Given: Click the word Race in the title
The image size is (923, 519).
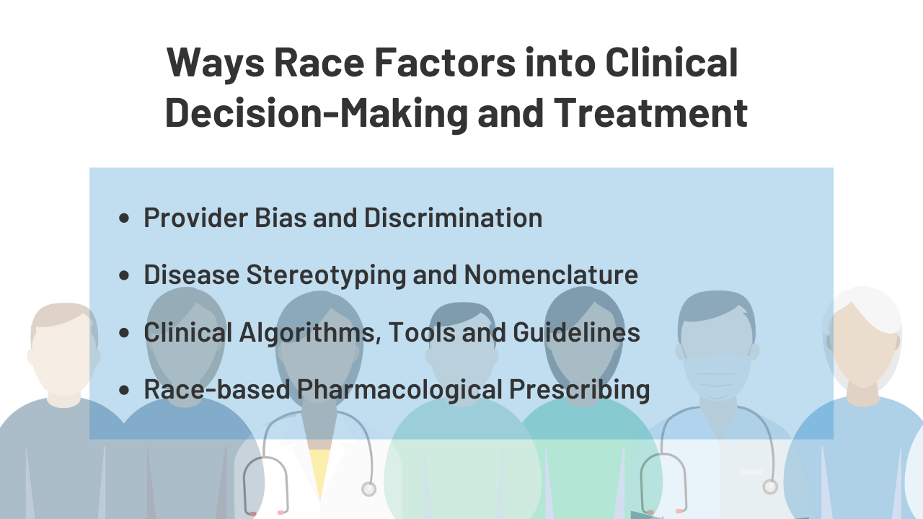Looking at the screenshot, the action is click(x=319, y=62).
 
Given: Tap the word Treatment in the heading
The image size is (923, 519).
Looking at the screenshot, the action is click(x=650, y=112).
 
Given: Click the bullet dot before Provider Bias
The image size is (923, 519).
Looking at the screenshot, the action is click(x=123, y=218).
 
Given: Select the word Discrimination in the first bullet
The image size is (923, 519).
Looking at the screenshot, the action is click(x=454, y=217).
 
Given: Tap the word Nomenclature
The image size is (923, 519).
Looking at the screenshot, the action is click(x=551, y=275).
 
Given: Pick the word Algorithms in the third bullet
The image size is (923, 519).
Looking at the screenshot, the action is click(x=310, y=333).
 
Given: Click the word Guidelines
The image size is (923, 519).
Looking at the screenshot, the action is click(x=576, y=332).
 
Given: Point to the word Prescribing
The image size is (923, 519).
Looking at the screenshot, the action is click(x=579, y=390).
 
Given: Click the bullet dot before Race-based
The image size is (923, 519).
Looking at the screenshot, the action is click(x=123, y=390).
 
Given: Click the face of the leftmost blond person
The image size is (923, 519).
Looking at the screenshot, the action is click(x=65, y=358).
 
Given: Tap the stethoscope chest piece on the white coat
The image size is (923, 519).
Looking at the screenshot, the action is click(x=368, y=489).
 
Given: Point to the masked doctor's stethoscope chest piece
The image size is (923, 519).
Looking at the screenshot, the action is click(x=769, y=487).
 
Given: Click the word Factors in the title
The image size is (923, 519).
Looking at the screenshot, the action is click(x=445, y=62).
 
